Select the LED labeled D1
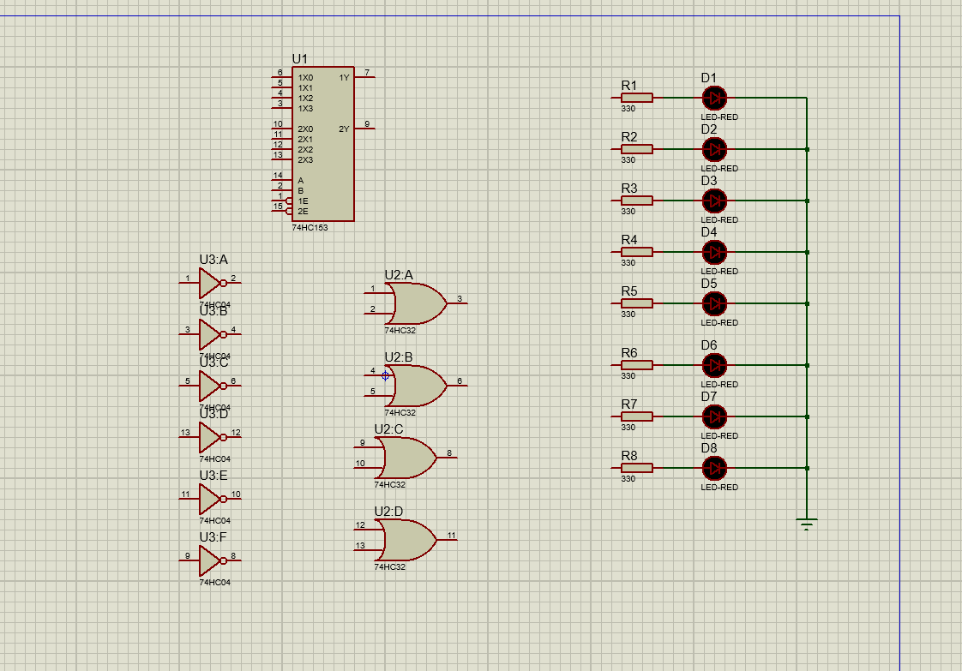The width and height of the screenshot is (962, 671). (713, 98)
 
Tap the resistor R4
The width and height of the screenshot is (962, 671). (636, 252)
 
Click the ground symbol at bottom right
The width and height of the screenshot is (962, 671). (806, 523)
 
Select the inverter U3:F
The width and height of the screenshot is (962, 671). (210, 560)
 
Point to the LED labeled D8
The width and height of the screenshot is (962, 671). (713, 468)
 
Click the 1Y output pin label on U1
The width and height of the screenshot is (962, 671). (344, 78)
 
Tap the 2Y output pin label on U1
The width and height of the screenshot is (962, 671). (344, 129)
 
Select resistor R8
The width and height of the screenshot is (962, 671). (636, 468)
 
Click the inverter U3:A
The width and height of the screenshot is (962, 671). (210, 283)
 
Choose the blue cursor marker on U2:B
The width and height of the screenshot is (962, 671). (385, 375)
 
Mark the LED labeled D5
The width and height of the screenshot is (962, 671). (713, 303)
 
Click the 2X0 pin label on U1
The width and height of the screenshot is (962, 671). (305, 129)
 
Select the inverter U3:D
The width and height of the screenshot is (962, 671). (210, 437)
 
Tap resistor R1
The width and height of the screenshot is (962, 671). (636, 98)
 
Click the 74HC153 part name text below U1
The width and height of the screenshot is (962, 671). (310, 228)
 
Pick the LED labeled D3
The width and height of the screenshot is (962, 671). (713, 201)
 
